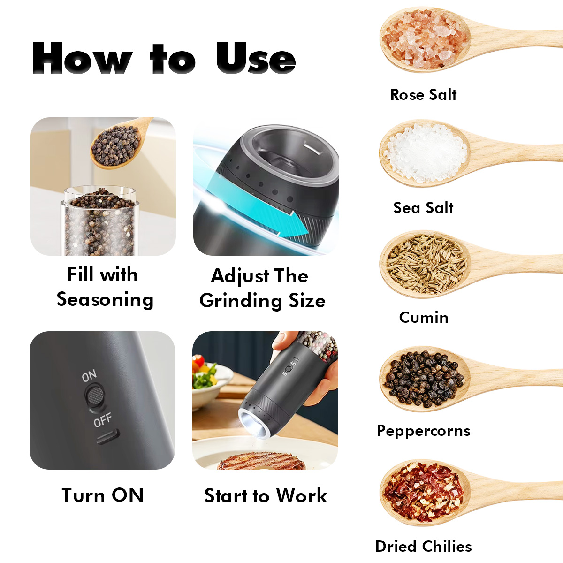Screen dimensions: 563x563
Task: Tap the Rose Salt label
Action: pos(423,95)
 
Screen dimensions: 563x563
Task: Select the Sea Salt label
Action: pos(423,208)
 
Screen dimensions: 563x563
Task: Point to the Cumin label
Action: pos(424,317)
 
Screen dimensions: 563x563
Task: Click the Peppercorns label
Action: pos(424,431)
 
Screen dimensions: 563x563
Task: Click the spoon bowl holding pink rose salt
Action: pos(425,39)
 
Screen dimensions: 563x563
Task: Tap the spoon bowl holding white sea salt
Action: pos(425,153)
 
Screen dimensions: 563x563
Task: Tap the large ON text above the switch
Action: pos(89,376)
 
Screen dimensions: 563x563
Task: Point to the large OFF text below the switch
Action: pos(103,420)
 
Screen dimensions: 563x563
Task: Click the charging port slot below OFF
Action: pos(108,437)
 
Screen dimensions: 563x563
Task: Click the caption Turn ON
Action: pos(103,496)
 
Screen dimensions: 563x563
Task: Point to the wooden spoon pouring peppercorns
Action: pos(118,145)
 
